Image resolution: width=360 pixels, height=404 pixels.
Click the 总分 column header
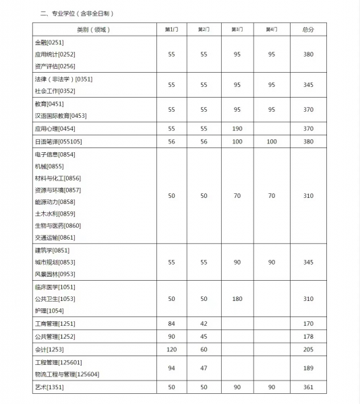coord(308,30)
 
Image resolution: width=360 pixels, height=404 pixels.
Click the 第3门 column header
coord(237,30)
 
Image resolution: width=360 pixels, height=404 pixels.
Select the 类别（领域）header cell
coord(93,30)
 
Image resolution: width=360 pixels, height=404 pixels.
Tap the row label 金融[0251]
coord(49,42)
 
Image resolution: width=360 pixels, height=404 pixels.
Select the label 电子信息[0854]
coord(55,154)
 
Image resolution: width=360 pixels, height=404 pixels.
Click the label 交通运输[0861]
coord(55,237)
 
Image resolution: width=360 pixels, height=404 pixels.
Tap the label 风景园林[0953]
coord(55,274)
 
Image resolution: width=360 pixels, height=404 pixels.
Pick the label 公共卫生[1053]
coord(55,298)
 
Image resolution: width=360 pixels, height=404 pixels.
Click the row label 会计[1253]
coord(49,349)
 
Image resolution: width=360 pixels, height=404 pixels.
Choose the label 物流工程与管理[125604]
coord(66,374)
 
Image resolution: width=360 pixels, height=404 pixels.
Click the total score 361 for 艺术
coord(308,387)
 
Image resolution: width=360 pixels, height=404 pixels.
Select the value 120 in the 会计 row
coord(171,349)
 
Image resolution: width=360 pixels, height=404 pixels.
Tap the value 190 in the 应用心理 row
coord(237,129)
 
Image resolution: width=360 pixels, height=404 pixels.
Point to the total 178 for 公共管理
coord(308,336)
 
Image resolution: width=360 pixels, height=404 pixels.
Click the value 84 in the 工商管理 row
coord(171,324)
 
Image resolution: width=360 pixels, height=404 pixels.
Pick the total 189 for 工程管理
coord(308,368)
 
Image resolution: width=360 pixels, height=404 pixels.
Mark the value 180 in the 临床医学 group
coord(237,298)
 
